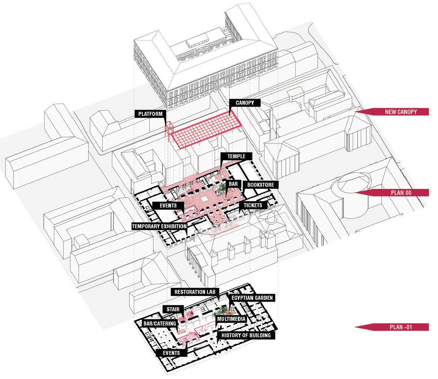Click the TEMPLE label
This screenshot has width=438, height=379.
click(x=236, y=156)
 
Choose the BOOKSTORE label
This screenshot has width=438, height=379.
click(x=260, y=185)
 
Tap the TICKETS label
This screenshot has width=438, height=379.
click(x=252, y=205)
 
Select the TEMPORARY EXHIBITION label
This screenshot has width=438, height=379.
click(x=159, y=226)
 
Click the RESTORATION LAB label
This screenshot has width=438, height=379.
click(x=195, y=292)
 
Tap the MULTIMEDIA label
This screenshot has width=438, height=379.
click(x=231, y=319)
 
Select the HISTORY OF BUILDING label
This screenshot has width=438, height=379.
click(x=245, y=335)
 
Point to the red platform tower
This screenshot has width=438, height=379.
click(x=168, y=130)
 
